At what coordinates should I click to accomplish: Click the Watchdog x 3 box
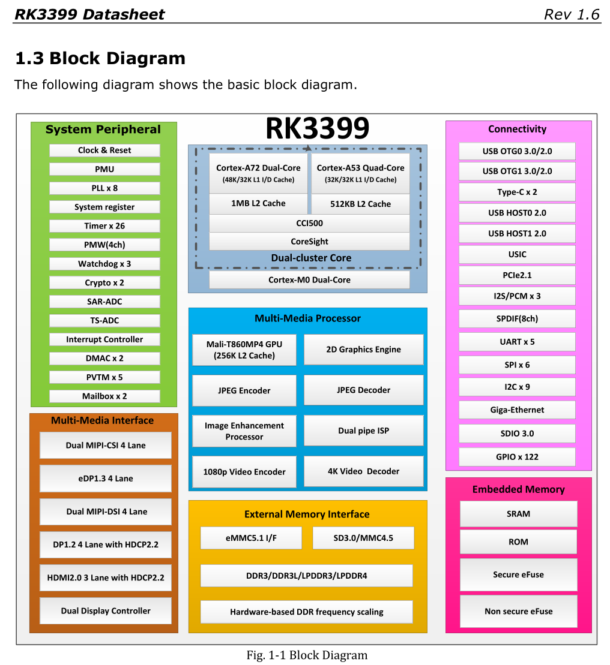[104, 264]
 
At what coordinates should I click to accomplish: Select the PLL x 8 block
[104, 188]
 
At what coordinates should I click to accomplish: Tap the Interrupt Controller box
[104, 339]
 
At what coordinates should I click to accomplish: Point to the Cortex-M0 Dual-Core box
[309, 280]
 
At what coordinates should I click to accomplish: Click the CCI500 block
[309, 223]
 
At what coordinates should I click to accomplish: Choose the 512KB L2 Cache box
[360, 204]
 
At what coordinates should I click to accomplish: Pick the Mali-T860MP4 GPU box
[244, 350]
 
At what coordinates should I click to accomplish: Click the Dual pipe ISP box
[363, 431]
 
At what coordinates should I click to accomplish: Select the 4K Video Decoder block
[363, 471]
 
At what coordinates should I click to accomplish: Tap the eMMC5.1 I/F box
[251, 538]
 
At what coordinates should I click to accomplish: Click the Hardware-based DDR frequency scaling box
[306, 612]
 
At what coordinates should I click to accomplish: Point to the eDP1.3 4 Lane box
[106, 479]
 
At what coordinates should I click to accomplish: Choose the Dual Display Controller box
[106, 611]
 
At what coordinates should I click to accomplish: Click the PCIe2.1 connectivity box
[517, 275]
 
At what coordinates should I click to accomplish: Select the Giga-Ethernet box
[517, 410]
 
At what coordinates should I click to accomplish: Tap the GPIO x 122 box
[517, 457]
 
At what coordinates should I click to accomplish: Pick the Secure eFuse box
[518, 574]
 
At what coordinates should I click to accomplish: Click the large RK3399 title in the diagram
[317, 128]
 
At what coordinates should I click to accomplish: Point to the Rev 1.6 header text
[572, 14]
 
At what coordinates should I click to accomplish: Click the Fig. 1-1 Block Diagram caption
[307, 655]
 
